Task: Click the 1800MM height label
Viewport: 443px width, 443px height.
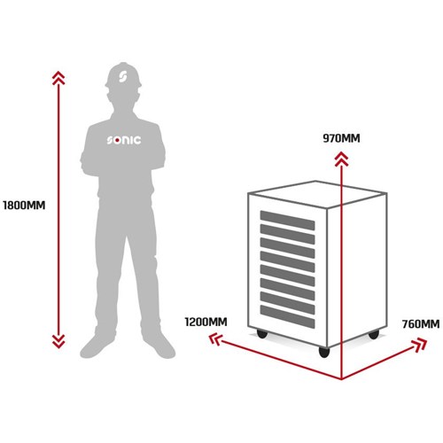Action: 24,206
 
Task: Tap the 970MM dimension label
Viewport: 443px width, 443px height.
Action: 341,138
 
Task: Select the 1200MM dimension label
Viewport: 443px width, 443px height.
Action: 206,322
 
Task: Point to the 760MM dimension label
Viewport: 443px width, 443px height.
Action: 421,324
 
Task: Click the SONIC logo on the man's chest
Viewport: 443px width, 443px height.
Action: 124,140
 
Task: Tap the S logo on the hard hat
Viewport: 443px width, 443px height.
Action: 122,76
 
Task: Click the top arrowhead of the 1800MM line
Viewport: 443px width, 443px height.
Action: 58,78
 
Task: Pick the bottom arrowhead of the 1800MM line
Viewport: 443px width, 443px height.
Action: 58,341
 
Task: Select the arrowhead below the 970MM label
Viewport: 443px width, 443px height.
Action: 341,159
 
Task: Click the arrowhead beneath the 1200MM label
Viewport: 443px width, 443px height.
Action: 215,339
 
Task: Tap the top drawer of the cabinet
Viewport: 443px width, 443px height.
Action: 287,221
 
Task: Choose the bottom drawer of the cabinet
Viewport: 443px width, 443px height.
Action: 287,316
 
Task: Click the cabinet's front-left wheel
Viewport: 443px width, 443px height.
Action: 262,334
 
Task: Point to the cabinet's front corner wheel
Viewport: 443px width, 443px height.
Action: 324,352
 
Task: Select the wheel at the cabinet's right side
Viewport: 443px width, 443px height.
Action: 374,335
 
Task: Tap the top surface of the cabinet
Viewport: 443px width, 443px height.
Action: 317,194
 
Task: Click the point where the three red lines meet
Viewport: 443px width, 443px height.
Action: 341,379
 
